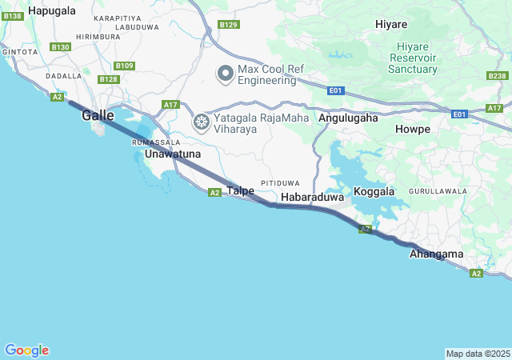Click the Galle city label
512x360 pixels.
[97, 115]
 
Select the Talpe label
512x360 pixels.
[241, 190]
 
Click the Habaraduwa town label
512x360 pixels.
[312, 195]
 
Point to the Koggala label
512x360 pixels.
[374, 192]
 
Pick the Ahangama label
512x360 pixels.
[436, 254]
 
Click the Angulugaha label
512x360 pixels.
[348, 118]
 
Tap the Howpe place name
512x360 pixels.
[413, 129]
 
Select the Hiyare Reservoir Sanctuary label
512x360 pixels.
[413, 58]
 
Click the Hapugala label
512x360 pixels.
[52, 10]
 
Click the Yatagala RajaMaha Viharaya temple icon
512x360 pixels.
[202, 122]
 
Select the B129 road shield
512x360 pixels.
[229, 25]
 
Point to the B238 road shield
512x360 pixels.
[497, 75]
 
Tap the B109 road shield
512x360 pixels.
[124, 66]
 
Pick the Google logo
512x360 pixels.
[26, 350]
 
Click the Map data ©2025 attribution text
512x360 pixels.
[478, 354]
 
